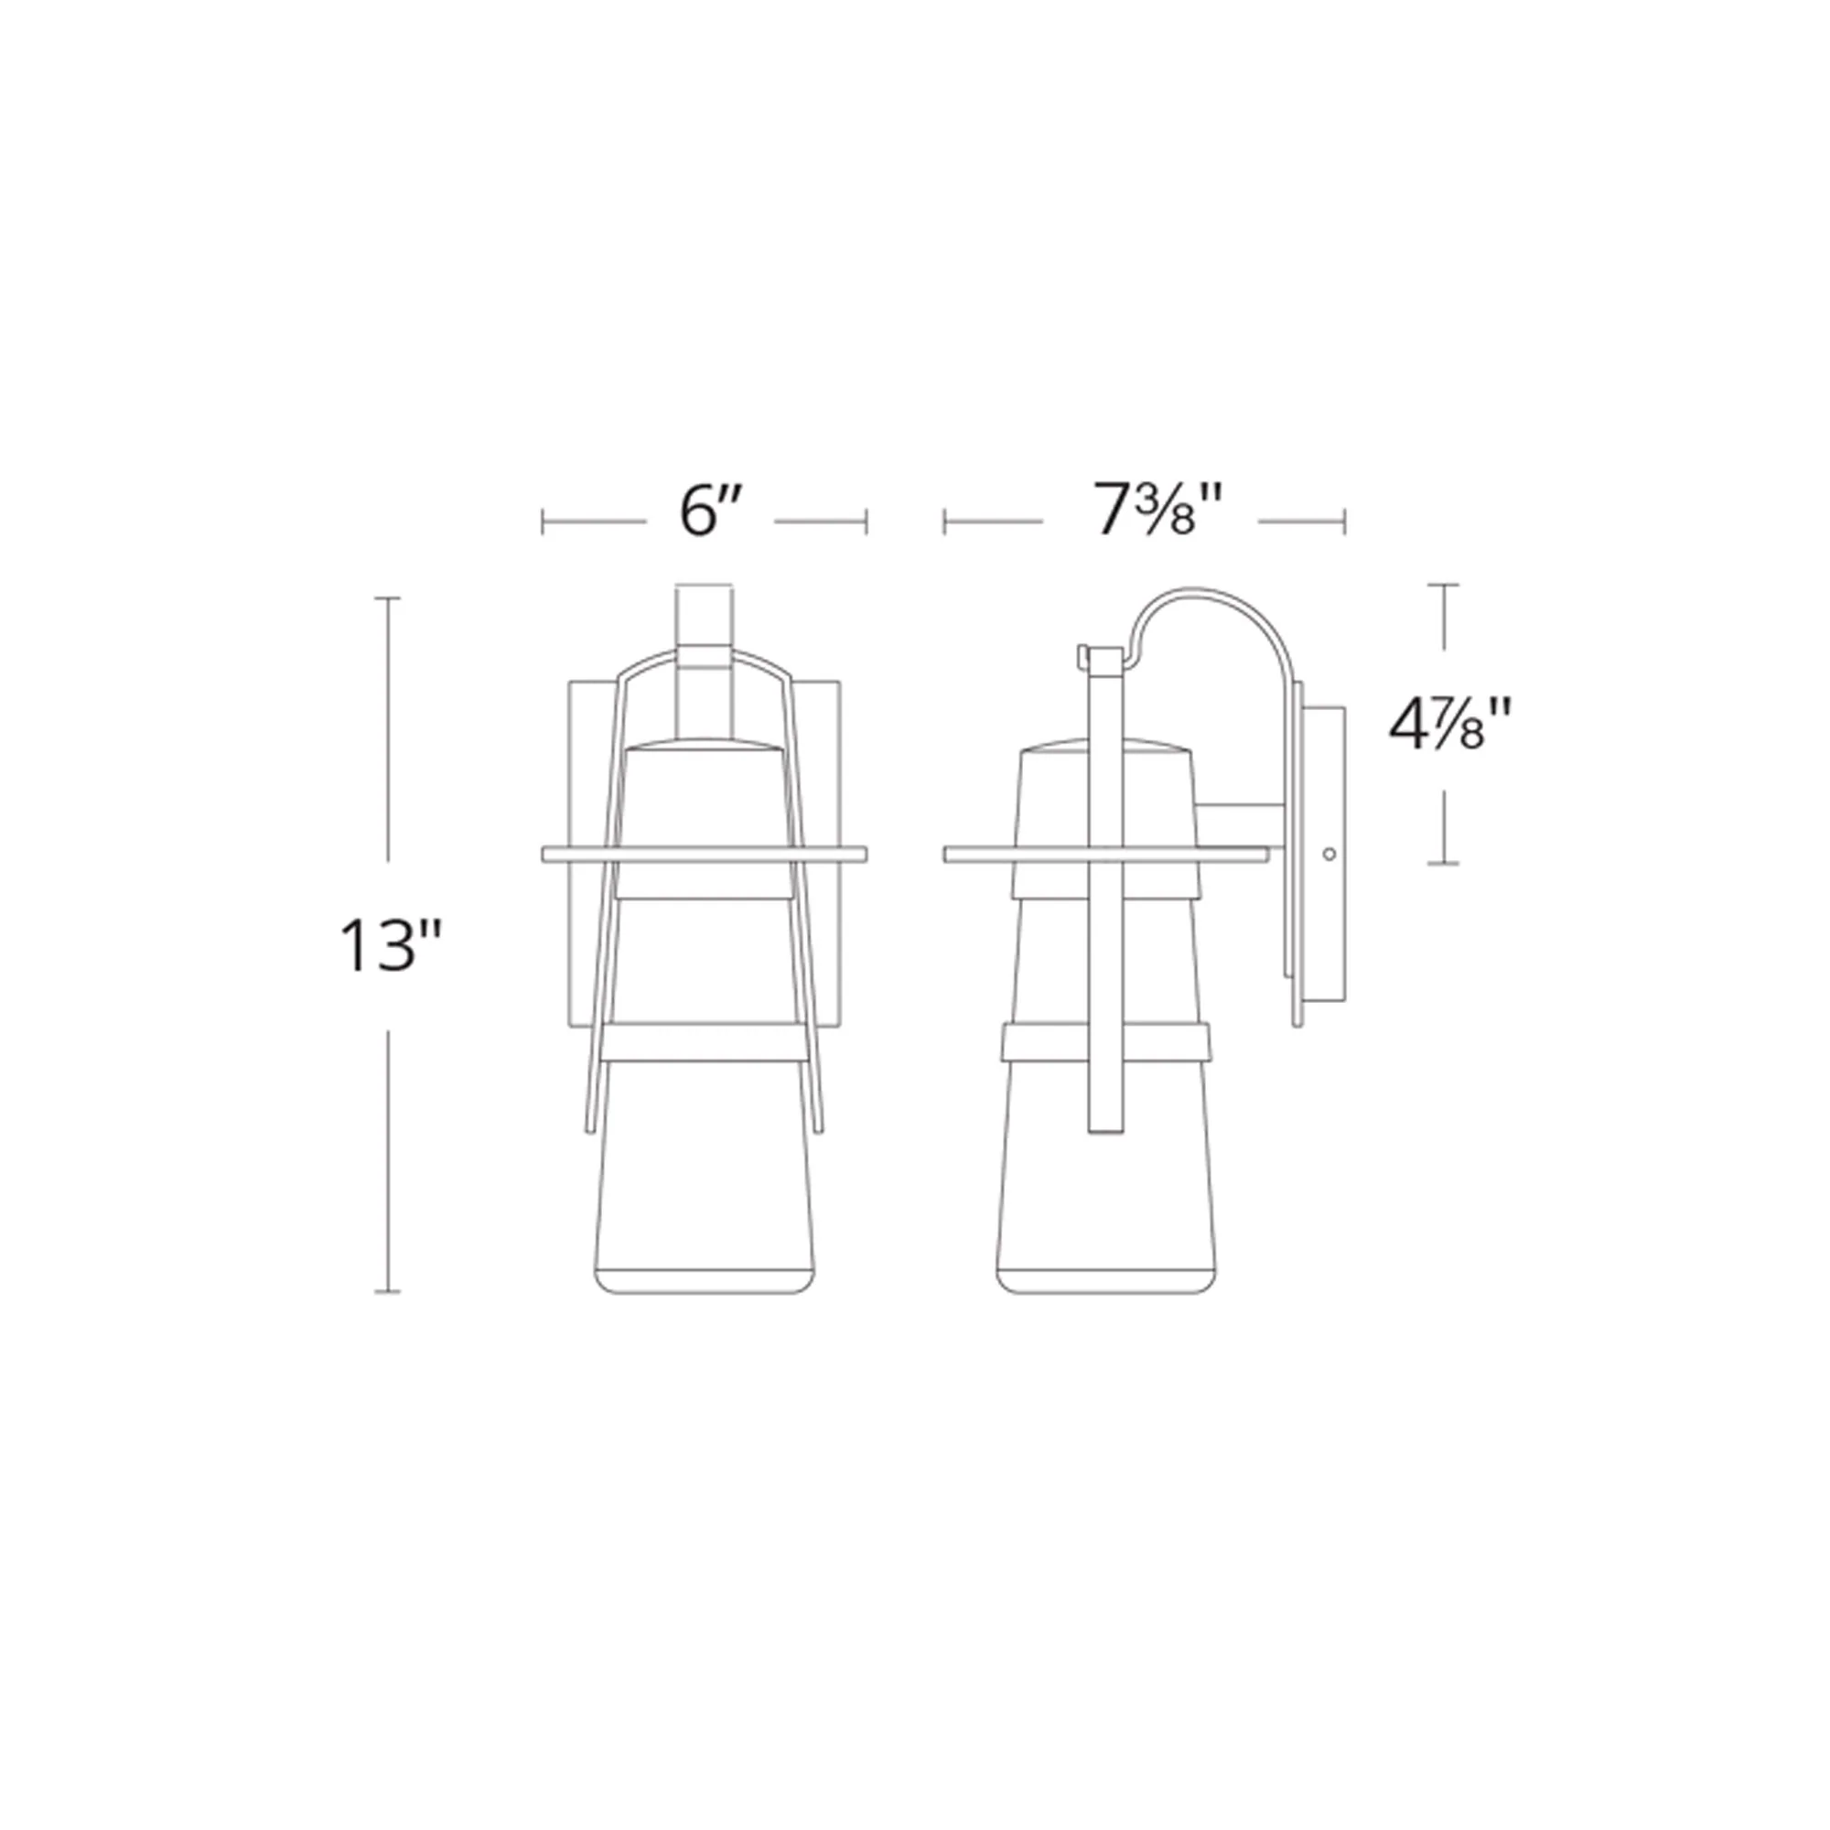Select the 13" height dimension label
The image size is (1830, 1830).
tap(391, 946)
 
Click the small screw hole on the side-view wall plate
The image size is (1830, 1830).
tap(1329, 855)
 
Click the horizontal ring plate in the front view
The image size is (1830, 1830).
tap(704, 855)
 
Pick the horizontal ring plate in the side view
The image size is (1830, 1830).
tap(1105, 855)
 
